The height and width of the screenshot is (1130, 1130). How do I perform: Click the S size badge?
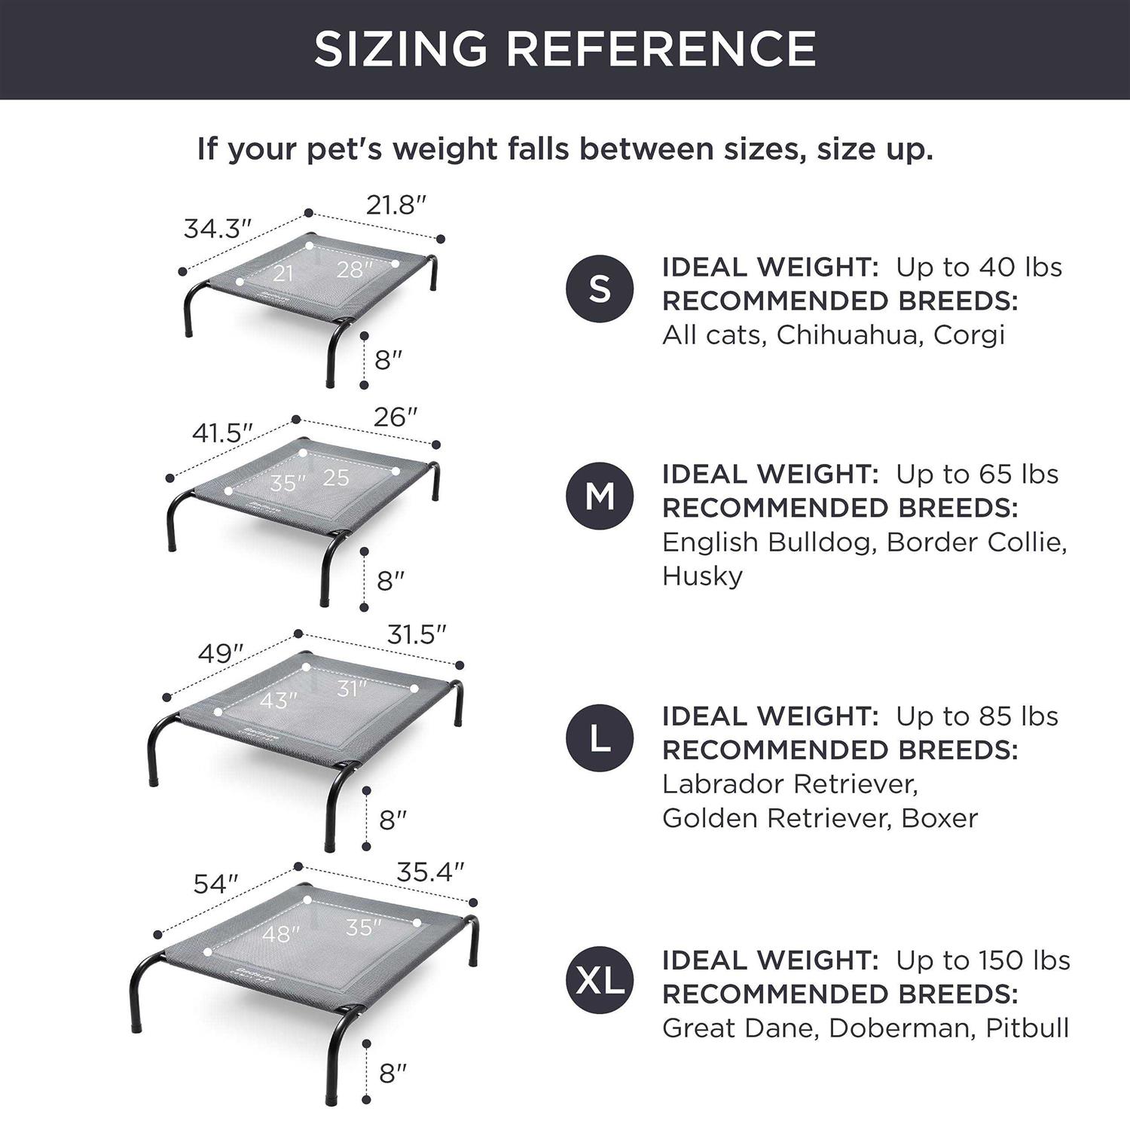600,289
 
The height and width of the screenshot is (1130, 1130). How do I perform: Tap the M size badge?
600,496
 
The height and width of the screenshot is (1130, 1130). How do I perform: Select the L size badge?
600,738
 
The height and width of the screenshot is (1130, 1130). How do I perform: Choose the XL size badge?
600,981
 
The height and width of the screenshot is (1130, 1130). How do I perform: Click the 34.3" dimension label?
217,228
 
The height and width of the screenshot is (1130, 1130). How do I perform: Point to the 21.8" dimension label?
396,204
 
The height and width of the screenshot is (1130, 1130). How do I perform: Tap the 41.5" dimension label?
222,433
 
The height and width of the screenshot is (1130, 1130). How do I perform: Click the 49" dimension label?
221,653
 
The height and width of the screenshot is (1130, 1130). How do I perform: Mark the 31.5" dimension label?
417,635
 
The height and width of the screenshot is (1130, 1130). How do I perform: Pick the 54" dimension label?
215,884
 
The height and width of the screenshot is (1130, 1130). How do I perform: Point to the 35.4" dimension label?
430,872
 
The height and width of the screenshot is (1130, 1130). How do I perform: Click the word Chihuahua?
847,334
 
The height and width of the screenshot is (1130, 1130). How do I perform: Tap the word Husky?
702,577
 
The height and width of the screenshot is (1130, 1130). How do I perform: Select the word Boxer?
939,818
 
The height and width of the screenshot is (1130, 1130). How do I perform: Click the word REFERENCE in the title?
661,49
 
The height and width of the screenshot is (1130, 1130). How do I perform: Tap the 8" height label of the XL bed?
392,1073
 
